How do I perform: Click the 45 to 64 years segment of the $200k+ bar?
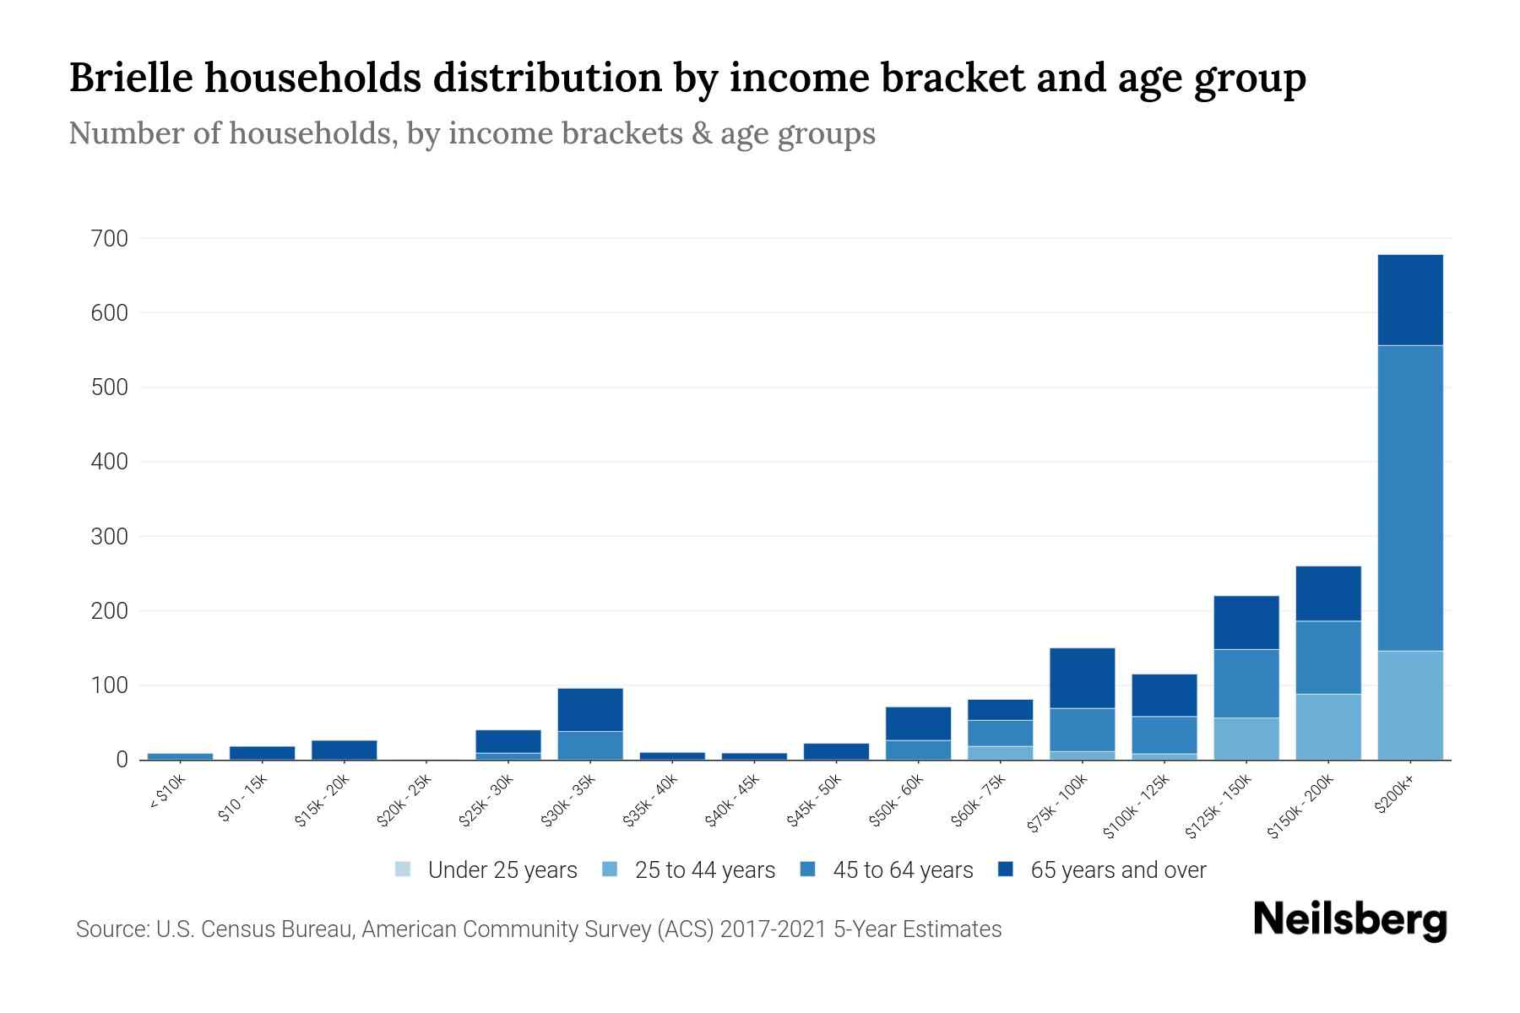tap(1409, 498)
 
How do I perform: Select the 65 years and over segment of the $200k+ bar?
tap(1409, 300)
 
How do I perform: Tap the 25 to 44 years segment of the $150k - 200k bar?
tap(1327, 726)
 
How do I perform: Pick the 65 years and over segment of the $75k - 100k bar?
tap(1082, 678)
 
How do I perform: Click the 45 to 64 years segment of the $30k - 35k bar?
tap(590, 745)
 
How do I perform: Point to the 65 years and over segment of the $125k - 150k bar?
tap(1246, 622)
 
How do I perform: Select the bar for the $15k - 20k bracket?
tap(344, 750)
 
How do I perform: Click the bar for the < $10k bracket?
tap(180, 756)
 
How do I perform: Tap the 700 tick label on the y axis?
tap(109, 239)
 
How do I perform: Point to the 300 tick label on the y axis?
tap(109, 537)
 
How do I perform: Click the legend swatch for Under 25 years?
tap(403, 869)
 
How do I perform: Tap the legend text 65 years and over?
tap(1118, 869)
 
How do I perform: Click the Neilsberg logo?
tap(1349, 920)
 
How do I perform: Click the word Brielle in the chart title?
tap(129, 78)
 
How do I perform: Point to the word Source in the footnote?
tap(111, 929)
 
